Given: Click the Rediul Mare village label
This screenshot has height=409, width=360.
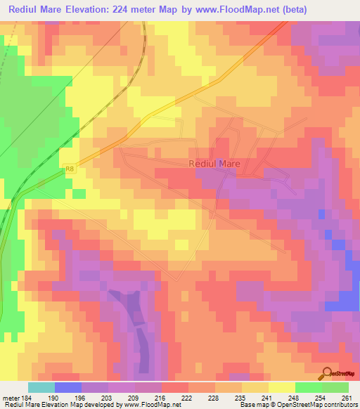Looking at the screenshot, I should pyautogui.click(x=214, y=163).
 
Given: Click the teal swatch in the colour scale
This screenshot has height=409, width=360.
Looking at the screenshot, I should pyautogui.click(x=41, y=387).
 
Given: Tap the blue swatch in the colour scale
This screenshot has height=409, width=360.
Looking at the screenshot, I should pyautogui.click(x=68, y=387).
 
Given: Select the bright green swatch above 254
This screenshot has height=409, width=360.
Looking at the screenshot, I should pyautogui.click(x=309, y=387).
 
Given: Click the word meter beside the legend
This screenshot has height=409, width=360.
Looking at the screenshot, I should pyautogui.click(x=11, y=397).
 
